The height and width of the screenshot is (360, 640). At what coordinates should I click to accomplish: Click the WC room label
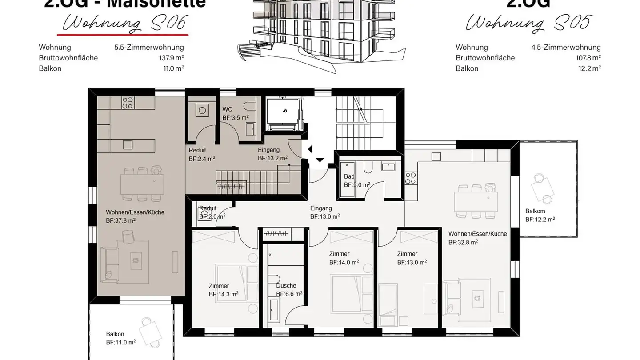(227, 109)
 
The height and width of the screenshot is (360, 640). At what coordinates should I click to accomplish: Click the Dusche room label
(286, 286)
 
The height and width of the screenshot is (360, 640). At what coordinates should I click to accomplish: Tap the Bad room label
(349, 176)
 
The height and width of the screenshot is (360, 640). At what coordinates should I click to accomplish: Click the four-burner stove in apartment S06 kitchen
(128, 103)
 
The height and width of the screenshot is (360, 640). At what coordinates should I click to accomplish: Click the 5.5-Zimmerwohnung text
(149, 47)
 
